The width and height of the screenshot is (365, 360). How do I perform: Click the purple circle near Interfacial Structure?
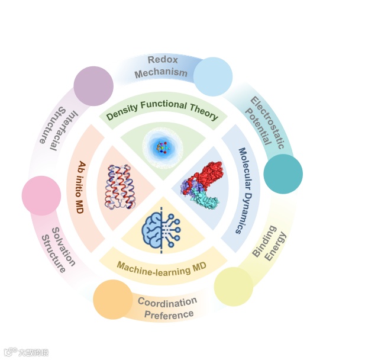tap(93, 86)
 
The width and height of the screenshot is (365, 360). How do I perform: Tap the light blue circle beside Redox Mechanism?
tap(213, 77)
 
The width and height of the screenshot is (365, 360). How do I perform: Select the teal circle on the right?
tap(283, 174)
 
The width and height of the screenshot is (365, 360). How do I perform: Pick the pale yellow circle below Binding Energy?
tap(233, 287)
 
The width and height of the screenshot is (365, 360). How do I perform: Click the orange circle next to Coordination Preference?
tap(113, 300)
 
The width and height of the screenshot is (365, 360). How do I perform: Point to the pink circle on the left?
tap(41, 195)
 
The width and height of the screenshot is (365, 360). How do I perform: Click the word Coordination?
tap(167, 303)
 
